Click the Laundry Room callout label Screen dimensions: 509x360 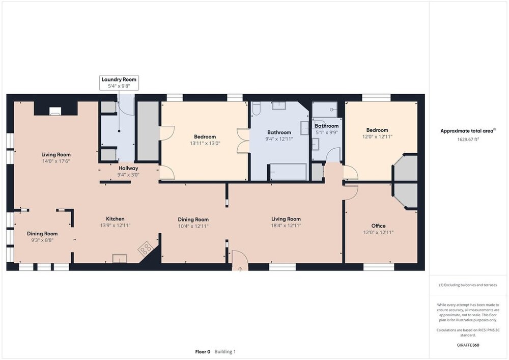(119, 82)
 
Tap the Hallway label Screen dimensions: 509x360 (128, 168)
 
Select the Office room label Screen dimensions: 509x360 (379, 226)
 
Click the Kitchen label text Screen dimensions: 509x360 (115, 219)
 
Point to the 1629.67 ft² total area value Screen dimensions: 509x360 (468, 139)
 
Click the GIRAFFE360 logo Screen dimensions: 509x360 (468, 345)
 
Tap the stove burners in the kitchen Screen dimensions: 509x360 (145, 248)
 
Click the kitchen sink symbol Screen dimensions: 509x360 (120, 258)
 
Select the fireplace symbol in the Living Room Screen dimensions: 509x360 (55, 112)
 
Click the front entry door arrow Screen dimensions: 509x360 (240, 268)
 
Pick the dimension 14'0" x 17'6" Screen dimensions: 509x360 (56, 161)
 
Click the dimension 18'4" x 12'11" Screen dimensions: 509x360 (286, 225)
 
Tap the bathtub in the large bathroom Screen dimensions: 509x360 (288, 172)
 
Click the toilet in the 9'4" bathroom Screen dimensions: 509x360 (256, 109)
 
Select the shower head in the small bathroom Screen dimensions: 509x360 (332, 109)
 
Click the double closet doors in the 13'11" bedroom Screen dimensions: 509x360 (243, 141)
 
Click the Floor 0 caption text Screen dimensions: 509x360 (203, 351)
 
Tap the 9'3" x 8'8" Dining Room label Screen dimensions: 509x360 (42, 237)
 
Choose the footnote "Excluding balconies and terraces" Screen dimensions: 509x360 (468, 285)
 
